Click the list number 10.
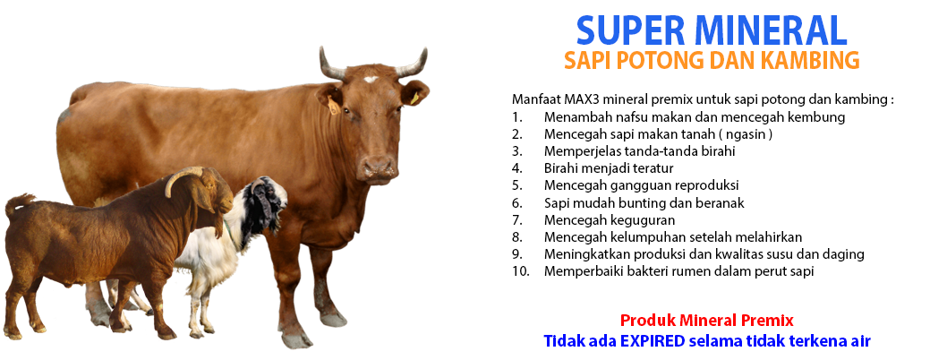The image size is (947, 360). click(x=520, y=271)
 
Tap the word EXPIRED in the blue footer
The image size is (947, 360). click(x=656, y=340)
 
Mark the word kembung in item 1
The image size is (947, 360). click(x=818, y=117)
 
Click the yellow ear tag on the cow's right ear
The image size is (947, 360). click(x=333, y=107)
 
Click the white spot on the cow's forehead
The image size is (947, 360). click(x=371, y=79)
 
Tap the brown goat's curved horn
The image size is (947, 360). click(x=181, y=177)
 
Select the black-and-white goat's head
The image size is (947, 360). click(x=265, y=204)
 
